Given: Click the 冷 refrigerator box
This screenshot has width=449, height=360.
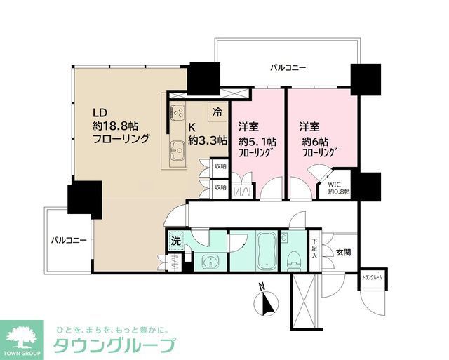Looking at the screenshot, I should pos(218,112).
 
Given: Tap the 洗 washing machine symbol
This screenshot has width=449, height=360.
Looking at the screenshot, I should pos(175,241).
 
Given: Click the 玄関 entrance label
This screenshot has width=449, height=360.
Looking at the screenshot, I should pos(343,251).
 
